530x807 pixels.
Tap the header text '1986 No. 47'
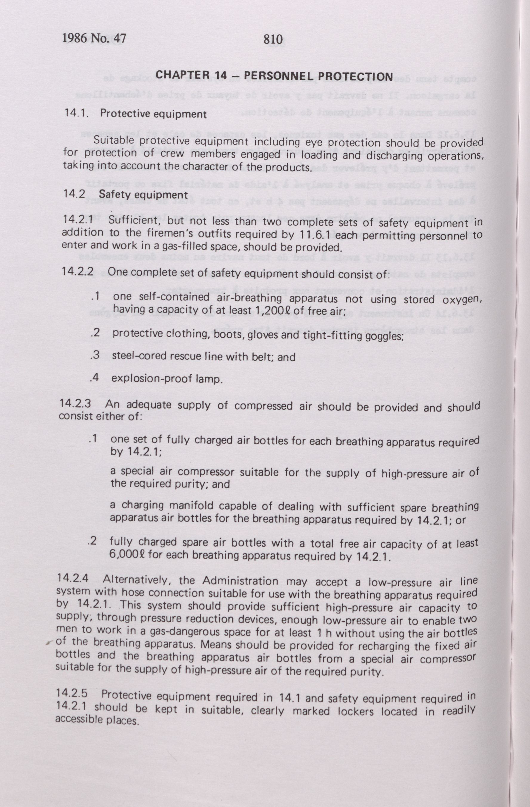click(x=94, y=38)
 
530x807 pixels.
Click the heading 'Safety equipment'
click(x=143, y=195)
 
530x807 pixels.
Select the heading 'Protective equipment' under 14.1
click(x=153, y=114)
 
